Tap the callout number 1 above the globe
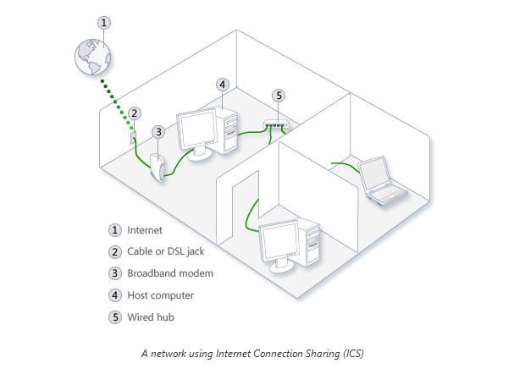(103, 23)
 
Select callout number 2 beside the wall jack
(134, 113)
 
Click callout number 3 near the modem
(157, 131)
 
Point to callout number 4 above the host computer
(222, 84)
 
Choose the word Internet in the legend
(144, 230)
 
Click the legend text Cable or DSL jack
(166, 252)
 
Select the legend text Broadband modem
(170, 274)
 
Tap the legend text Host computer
(161, 296)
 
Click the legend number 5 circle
(115, 318)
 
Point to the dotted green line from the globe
(114, 96)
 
